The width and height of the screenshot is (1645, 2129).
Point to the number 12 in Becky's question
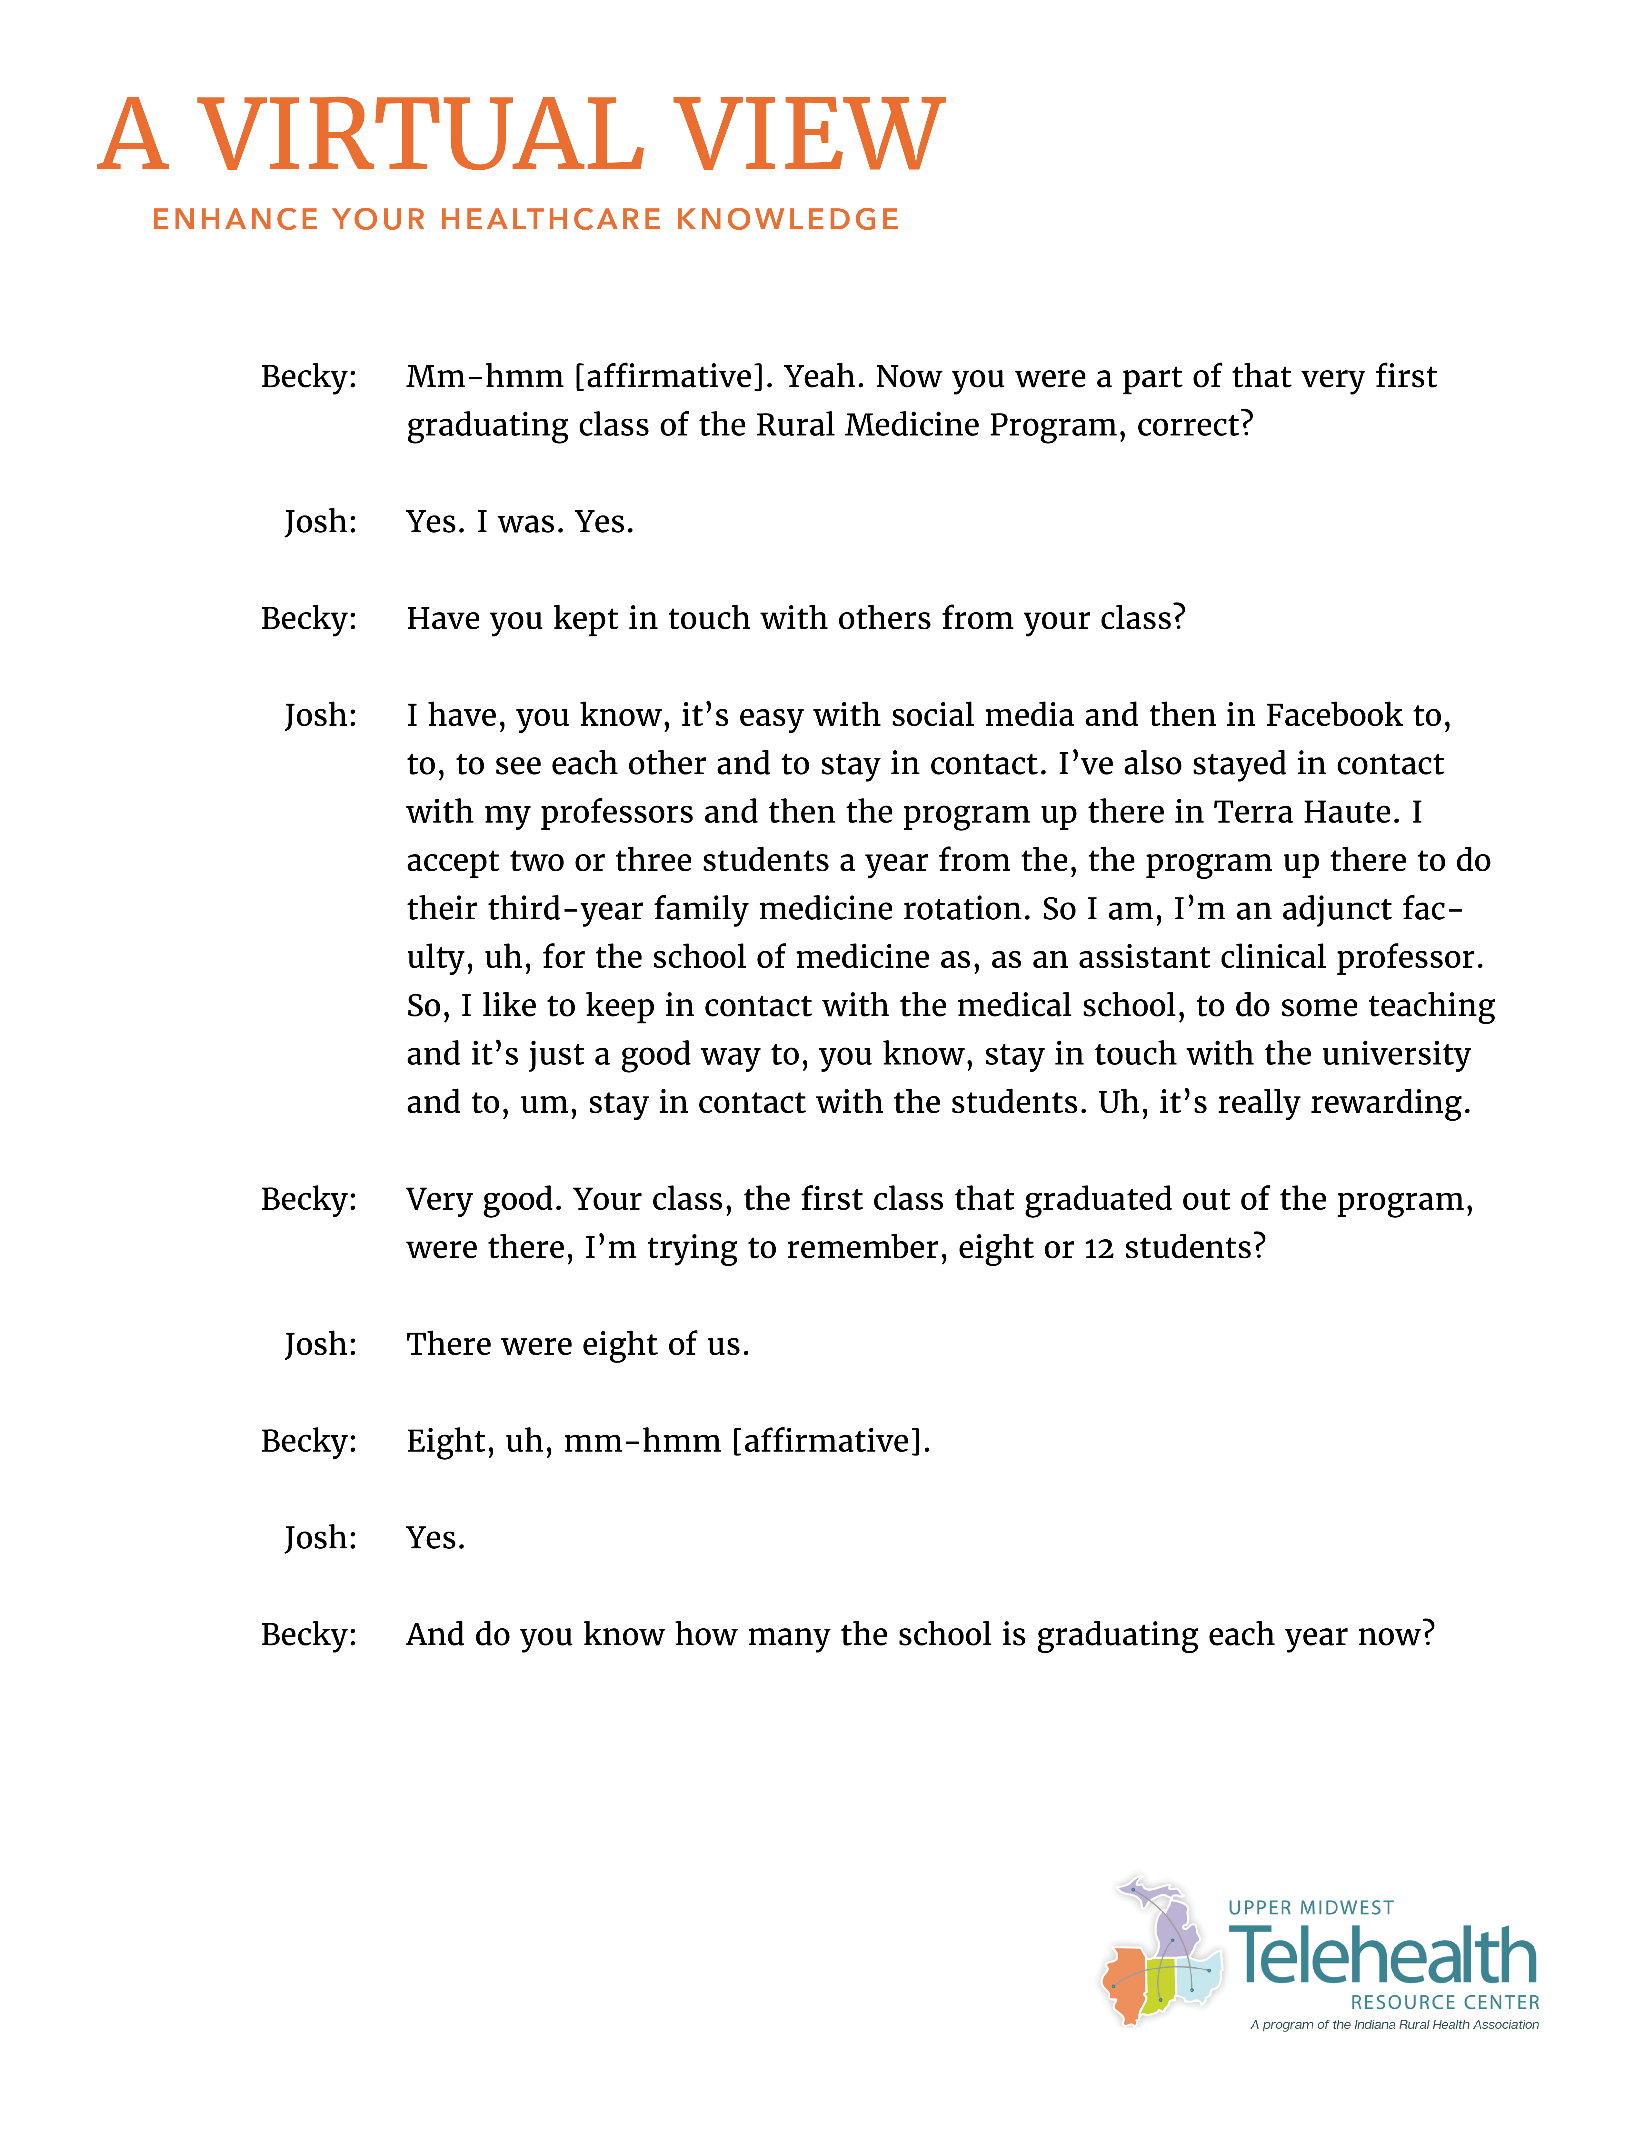coord(1098,1249)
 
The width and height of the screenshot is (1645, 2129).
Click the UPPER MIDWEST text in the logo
coord(1311,1908)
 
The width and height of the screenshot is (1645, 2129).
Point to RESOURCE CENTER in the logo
coord(1444,2002)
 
